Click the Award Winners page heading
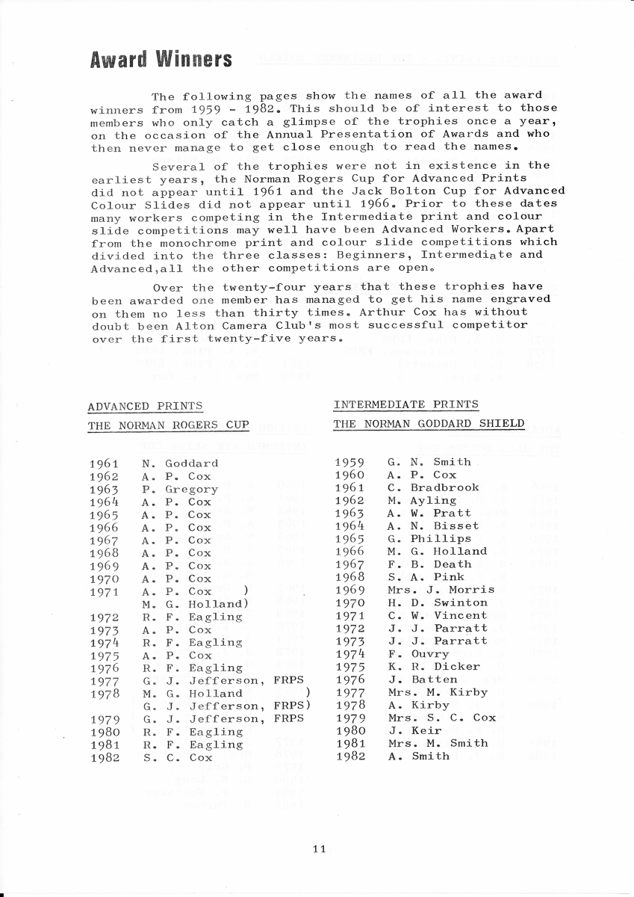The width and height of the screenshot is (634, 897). pyautogui.click(x=160, y=59)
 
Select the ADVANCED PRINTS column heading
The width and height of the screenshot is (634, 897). pyautogui.click(x=145, y=407)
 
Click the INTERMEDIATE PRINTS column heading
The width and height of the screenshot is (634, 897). pyautogui.click(x=405, y=404)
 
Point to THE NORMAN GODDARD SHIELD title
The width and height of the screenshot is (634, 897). pyautogui.click(x=429, y=424)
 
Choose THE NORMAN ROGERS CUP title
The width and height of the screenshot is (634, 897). pyautogui.click(x=168, y=425)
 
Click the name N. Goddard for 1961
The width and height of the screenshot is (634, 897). pyautogui.click(x=180, y=463)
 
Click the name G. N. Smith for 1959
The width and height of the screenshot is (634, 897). pyautogui.click(x=429, y=462)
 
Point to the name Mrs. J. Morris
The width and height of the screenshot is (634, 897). pyautogui.click(x=441, y=590)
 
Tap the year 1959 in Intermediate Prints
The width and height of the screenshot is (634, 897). pyautogui.click(x=350, y=462)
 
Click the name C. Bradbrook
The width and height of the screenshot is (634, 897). pyautogui.click(x=433, y=487)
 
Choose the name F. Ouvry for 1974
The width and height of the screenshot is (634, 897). pyautogui.click(x=418, y=654)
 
